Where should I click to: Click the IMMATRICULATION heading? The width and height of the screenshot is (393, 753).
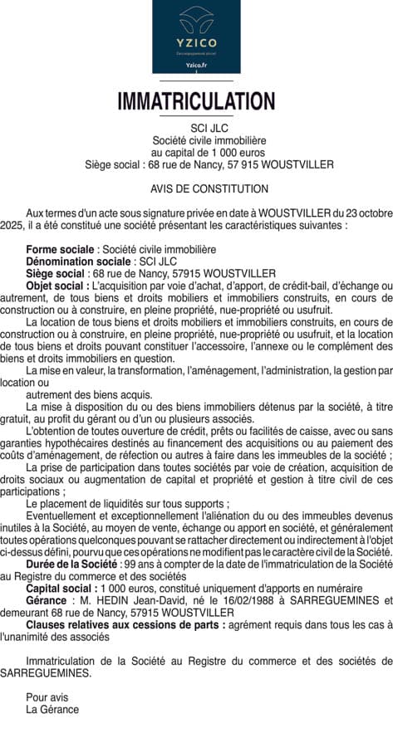point(196,102)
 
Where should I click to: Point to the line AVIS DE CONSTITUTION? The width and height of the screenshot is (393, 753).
point(197,189)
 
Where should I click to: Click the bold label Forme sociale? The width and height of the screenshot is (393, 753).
point(60,249)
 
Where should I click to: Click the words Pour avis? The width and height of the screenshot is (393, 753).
point(47,697)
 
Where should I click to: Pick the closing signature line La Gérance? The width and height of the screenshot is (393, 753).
point(52,710)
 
